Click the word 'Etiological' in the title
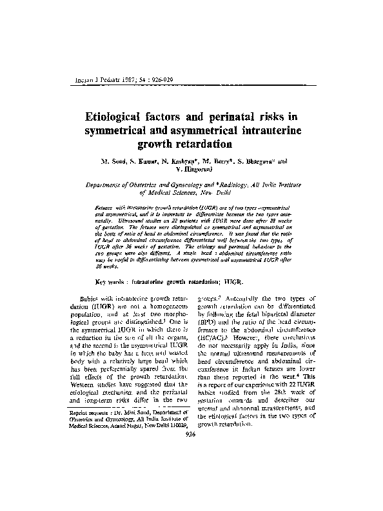121,117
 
